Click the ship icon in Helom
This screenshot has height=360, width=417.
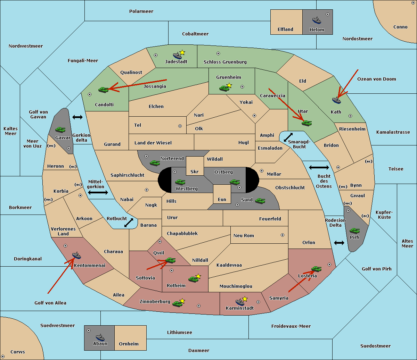(317, 20)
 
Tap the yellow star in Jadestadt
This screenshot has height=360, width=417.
(182, 53)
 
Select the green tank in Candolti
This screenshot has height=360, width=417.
(104, 90)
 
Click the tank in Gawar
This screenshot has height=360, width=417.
(60, 129)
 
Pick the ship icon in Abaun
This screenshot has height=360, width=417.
(100, 337)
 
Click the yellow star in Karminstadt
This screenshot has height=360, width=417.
(245, 299)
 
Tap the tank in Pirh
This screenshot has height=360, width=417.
(354, 231)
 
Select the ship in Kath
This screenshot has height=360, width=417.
(336, 100)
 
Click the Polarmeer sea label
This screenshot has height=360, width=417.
(141, 11)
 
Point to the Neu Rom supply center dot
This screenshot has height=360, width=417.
(283, 235)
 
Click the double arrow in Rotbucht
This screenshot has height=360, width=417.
(129, 223)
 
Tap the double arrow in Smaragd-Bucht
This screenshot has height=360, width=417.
(288, 137)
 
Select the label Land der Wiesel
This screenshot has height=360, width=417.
(153, 143)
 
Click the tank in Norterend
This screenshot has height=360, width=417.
(155, 163)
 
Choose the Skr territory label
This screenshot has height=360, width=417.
(195, 171)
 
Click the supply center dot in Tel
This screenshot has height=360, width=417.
(180, 126)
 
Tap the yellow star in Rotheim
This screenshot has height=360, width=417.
(198, 276)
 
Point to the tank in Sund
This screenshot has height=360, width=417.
(260, 201)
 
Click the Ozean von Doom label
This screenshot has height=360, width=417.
(377, 79)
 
